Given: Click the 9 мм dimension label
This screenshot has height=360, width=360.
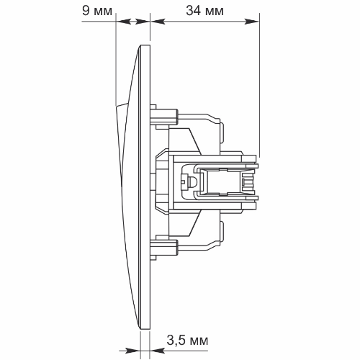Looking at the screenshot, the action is [x=97, y=11].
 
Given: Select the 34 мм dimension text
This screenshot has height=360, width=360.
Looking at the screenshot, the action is [x=204, y=11].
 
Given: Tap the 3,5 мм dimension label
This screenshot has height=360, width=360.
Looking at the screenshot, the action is [x=187, y=341].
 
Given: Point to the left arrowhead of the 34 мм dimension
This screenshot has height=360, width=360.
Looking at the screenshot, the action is [x=158, y=22].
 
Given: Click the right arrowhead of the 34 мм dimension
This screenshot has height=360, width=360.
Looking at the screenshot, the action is [x=252, y=22].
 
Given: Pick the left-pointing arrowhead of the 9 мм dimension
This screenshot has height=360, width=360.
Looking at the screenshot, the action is [x=124, y=22].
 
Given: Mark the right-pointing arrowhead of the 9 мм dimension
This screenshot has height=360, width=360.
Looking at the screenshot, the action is [x=143, y=22].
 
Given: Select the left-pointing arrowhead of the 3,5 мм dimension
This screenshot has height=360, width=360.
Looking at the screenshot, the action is [x=158, y=351].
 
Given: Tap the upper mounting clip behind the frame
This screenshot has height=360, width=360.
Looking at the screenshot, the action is [x=164, y=117].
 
